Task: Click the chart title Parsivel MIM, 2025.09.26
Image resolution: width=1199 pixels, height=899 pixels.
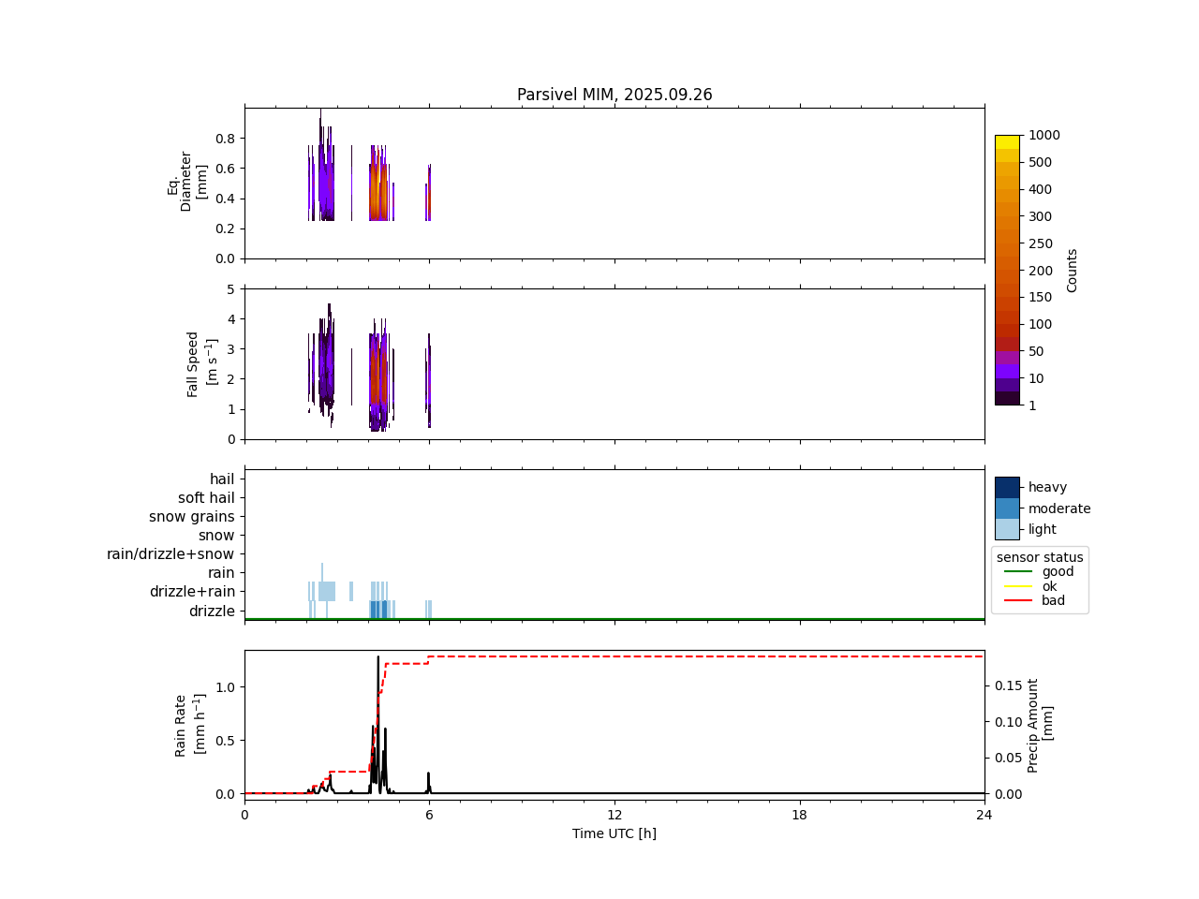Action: click(614, 95)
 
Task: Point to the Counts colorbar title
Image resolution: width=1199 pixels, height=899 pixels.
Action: click(1073, 270)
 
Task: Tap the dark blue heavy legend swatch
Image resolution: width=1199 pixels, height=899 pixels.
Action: click(1007, 487)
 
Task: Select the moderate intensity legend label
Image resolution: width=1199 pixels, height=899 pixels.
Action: click(1058, 508)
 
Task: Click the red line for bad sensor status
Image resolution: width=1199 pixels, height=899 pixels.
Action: click(1017, 600)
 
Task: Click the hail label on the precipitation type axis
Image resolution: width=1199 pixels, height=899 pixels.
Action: click(222, 479)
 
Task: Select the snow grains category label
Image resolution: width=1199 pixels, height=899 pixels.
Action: click(192, 517)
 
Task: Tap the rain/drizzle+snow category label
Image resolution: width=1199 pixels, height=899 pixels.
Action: click(170, 554)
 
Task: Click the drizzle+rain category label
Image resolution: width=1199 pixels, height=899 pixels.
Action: click(192, 592)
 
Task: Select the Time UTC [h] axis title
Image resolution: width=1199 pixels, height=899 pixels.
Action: click(614, 833)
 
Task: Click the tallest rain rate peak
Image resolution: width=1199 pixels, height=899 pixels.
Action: click(378, 657)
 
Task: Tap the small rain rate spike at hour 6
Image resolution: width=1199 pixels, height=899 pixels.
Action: click(428, 774)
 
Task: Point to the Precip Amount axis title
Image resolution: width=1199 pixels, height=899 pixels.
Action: click(1040, 725)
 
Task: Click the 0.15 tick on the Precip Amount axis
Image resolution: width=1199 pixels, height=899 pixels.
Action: click(1008, 685)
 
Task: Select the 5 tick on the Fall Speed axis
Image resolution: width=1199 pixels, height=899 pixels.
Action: click(230, 289)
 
